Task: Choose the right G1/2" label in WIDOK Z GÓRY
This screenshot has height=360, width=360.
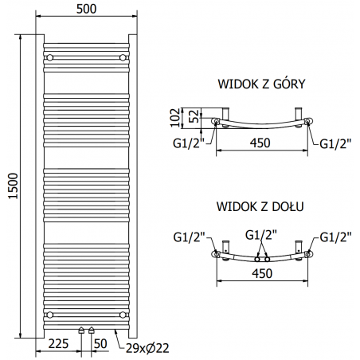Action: (335, 143)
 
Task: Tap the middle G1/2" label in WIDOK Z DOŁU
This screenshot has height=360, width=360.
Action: (261, 234)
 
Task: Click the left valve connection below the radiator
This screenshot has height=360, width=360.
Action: (81, 330)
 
